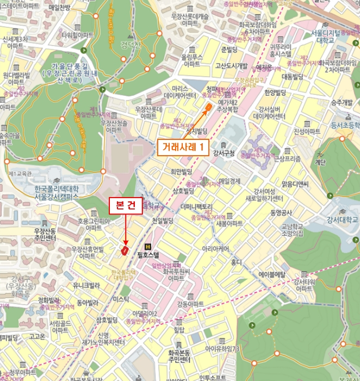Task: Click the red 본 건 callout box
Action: point(126,205)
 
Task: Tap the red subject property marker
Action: point(125,250)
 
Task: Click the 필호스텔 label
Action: point(148,254)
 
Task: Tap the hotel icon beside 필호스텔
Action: point(147,245)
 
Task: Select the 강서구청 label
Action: point(224,153)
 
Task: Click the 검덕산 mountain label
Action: point(131,44)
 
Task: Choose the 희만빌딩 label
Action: point(182,172)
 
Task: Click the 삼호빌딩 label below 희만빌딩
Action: point(183,190)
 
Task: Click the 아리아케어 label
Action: point(216,248)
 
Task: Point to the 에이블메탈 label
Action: point(272,275)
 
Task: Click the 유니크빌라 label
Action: point(86,285)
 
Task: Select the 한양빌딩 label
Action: point(275,93)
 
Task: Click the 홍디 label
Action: point(235,262)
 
